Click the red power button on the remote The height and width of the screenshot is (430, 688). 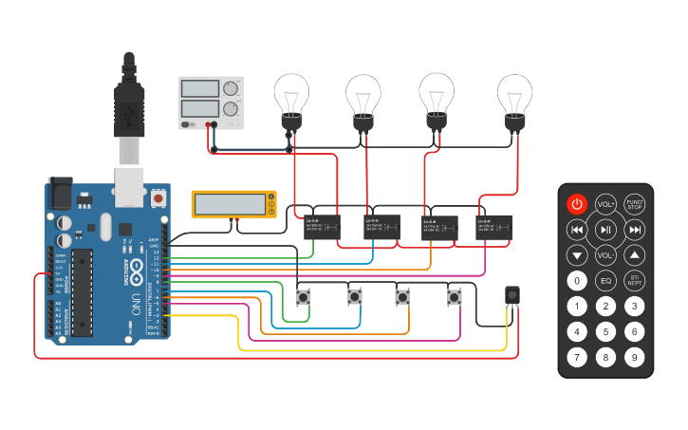(x=577, y=204)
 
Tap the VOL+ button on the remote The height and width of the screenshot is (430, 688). (x=605, y=204)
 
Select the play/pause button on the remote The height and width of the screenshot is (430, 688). (x=605, y=230)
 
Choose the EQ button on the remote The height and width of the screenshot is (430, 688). (x=605, y=281)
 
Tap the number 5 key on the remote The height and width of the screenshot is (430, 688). (x=605, y=332)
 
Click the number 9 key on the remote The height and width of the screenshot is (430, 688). (x=635, y=358)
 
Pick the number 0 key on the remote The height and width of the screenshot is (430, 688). (x=577, y=281)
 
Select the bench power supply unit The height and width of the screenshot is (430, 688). (x=211, y=103)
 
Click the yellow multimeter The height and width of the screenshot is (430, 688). (x=233, y=204)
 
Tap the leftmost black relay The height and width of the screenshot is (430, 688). (x=322, y=227)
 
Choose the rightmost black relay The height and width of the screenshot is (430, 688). (x=493, y=227)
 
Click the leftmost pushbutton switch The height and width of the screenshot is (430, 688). (x=304, y=298)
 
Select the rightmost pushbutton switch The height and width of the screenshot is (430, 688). (x=455, y=298)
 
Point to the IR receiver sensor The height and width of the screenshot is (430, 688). (x=512, y=295)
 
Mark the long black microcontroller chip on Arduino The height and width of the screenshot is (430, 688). (x=83, y=291)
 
